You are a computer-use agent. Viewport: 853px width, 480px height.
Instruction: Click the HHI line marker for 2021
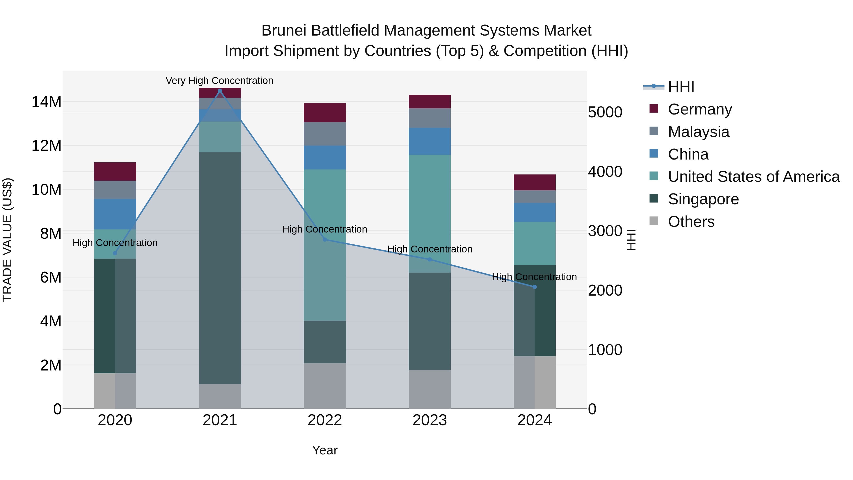click(220, 91)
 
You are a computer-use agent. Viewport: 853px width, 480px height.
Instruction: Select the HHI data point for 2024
click(535, 287)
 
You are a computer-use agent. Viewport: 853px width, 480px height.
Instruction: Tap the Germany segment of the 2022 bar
click(325, 113)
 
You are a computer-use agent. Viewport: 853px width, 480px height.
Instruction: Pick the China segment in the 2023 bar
click(430, 142)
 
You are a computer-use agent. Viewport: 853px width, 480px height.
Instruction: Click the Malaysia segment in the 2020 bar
click(115, 190)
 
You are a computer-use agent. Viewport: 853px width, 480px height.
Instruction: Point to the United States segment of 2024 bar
click(535, 243)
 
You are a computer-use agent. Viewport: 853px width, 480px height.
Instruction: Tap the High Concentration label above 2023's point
click(430, 249)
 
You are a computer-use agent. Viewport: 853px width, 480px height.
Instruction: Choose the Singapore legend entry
click(703, 199)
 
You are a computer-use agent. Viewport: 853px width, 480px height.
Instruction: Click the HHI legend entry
click(681, 87)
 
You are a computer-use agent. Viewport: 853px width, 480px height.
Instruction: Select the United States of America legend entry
click(753, 177)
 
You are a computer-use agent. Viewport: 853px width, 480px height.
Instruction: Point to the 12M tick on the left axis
click(46, 146)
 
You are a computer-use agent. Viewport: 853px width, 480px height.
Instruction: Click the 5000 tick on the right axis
click(605, 112)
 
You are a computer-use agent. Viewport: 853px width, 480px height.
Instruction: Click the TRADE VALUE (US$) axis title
click(7, 240)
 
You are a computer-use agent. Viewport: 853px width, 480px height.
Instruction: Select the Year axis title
click(325, 450)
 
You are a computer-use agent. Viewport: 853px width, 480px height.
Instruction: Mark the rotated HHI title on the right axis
click(631, 240)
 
